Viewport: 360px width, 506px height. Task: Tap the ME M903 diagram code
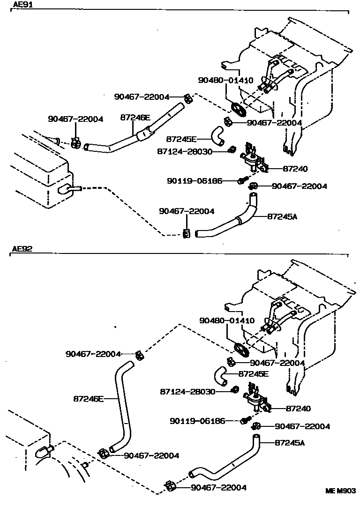pyautogui.click(x=341, y=491)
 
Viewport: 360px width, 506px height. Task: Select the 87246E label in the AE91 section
pyautogui.click(x=135, y=118)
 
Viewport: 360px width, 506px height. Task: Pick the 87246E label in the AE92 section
pyautogui.click(x=88, y=399)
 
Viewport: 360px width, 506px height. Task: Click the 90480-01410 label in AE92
pyautogui.click(x=226, y=321)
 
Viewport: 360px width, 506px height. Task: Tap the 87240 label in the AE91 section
pyautogui.click(x=295, y=169)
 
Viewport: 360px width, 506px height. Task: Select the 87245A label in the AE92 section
pyautogui.click(x=290, y=442)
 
